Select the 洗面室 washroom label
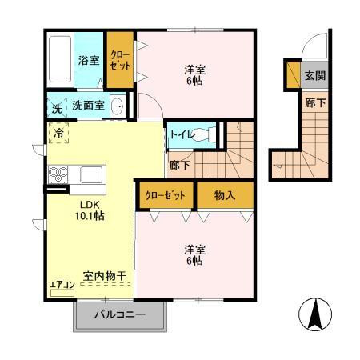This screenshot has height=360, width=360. coord(88,105)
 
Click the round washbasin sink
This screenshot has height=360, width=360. coord(117,106)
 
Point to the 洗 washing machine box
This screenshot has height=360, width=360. coord(55,106)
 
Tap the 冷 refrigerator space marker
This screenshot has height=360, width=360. coord(58,133)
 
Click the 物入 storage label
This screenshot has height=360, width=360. coord(226,194)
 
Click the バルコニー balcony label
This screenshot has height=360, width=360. coord(119,314)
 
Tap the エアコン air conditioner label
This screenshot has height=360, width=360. coord(62,284)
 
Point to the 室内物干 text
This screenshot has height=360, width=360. coord(104,277)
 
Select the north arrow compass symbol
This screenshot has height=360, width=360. coord(318,314)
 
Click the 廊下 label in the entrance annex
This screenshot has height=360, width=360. coord(314,102)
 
